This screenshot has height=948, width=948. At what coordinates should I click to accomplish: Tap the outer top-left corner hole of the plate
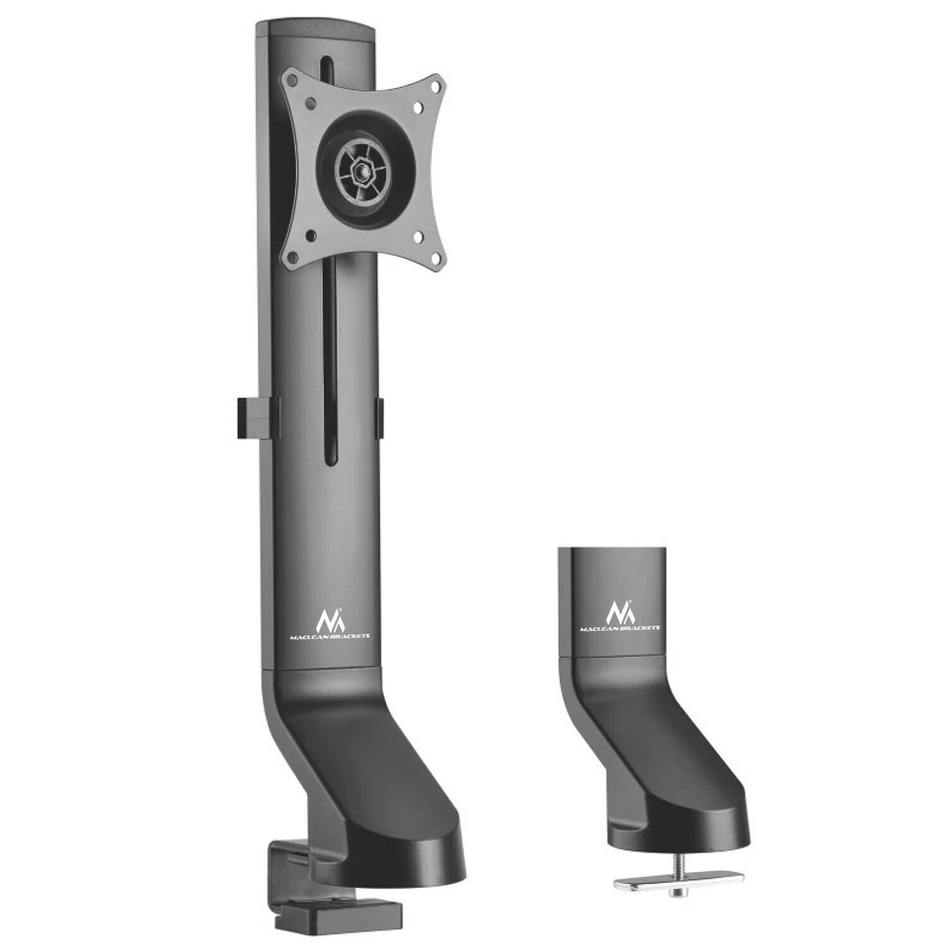[x=292, y=81]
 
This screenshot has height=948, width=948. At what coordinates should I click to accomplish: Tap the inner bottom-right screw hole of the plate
[x=418, y=236]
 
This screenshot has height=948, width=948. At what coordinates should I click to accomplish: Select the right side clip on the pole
[x=379, y=418]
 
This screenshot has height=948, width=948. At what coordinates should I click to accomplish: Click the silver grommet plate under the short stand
[x=678, y=878]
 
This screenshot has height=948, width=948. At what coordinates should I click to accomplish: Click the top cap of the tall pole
[x=316, y=30]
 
